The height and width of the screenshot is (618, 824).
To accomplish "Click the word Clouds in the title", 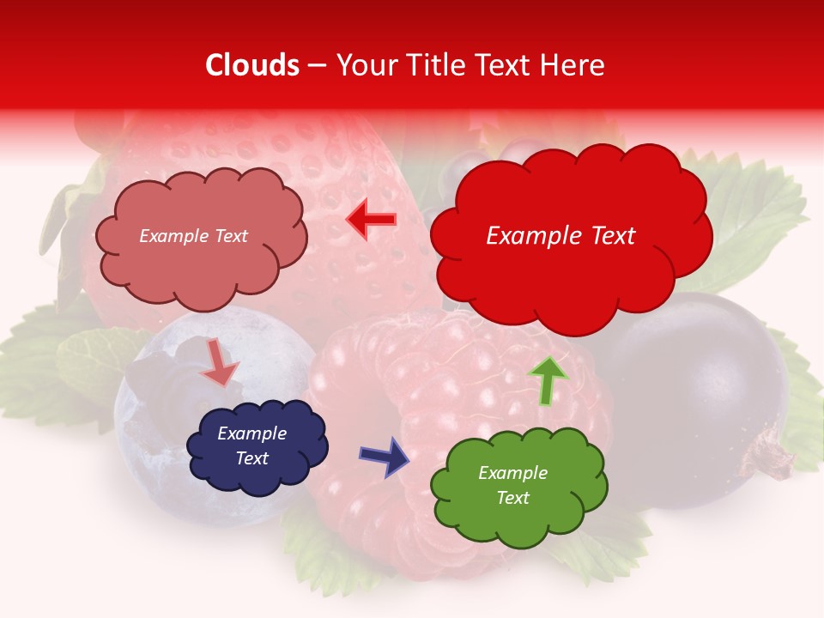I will (x=252, y=65).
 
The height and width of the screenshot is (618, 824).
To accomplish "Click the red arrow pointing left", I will (x=371, y=220).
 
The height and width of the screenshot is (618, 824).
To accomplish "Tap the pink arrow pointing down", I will (x=220, y=364).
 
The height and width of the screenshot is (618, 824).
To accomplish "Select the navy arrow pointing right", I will (x=385, y=456).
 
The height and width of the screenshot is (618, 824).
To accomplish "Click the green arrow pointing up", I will (x=548, y=380).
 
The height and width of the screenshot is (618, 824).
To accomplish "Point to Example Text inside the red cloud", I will (x=560, y=236).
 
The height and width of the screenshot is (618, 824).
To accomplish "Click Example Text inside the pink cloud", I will (x=193, y=236).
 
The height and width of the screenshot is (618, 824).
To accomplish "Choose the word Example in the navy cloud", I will (x=251, y=433).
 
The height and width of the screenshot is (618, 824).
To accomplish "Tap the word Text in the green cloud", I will (x=512, y=498).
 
